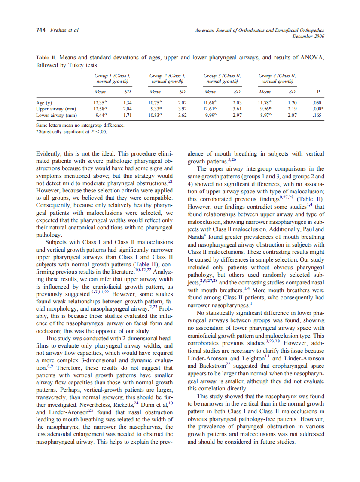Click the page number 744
pyautogui.click(x=41, y=31)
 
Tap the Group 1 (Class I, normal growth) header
pyautogui.click(x=112, y=78)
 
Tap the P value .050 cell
pyautogui.click(x=317, y=103)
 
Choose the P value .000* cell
pyautogui.click(x=317, y=109)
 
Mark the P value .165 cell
pyautogui.click(x=317, y=115)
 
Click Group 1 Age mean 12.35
pyautogui.click(x=100, y=103)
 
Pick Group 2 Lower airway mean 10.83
pyautogui.click(x=155, y=115)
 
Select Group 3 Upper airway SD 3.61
pyautogui.click(x=237, y=109)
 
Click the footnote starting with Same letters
pyautogui.click(x=80, y=125)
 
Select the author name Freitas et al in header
pyautogui.click(x=65, y=31)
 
